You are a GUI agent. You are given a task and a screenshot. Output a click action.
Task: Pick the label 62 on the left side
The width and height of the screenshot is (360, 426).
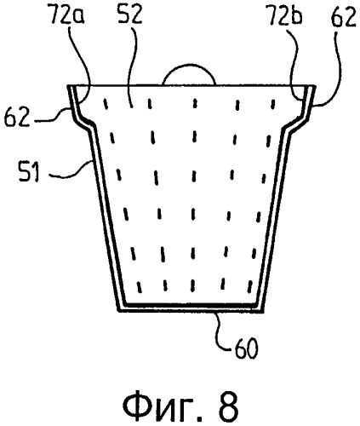[x=17, y=117]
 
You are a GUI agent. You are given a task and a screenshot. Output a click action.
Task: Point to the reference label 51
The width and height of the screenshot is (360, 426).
[x=28, y=171]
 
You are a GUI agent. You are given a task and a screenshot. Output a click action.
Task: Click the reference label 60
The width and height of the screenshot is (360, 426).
[x=246, y=348]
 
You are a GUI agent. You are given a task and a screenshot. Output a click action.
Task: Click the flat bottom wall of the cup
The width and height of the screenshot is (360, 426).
[x=191, y=308]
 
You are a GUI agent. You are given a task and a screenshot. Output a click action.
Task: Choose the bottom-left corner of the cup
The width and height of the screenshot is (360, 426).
[x=118, y=312]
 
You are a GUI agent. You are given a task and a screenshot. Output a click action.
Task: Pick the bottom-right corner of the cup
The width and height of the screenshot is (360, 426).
[x=263, y=312]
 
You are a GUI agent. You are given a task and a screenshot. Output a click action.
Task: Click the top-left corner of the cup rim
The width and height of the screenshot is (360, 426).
[x=67, y=85]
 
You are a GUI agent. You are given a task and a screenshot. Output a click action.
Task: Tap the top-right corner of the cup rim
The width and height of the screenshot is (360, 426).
[x=315, y=85]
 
